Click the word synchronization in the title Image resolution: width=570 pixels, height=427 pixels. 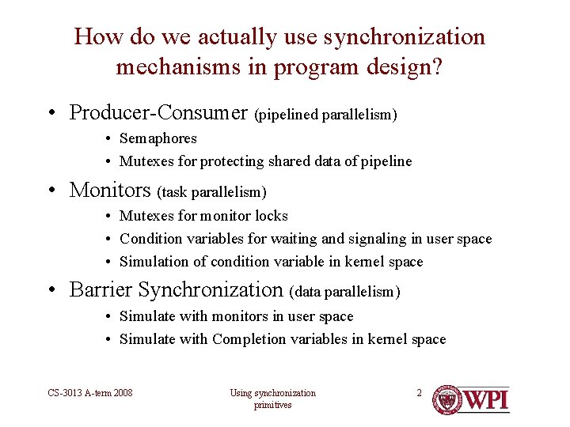coord(404,37)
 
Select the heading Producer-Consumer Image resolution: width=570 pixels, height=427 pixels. coord(158,112)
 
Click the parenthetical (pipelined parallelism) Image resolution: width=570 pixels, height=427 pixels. coord(325,115)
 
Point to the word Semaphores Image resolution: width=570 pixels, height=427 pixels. coord(158,138)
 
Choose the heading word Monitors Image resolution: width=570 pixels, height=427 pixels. coord(110,190)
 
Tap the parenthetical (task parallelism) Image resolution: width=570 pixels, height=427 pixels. coord(212,192)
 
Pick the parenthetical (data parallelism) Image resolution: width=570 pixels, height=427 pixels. coord(345,292)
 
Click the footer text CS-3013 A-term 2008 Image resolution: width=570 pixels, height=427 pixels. coord(89,393)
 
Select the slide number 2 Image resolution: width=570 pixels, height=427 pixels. coord(420,393)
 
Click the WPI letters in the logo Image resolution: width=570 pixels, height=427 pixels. coord(484,399)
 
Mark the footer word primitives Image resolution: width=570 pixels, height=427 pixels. coord(272,405)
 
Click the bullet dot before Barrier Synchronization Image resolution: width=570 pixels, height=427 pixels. coord(51,290)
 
